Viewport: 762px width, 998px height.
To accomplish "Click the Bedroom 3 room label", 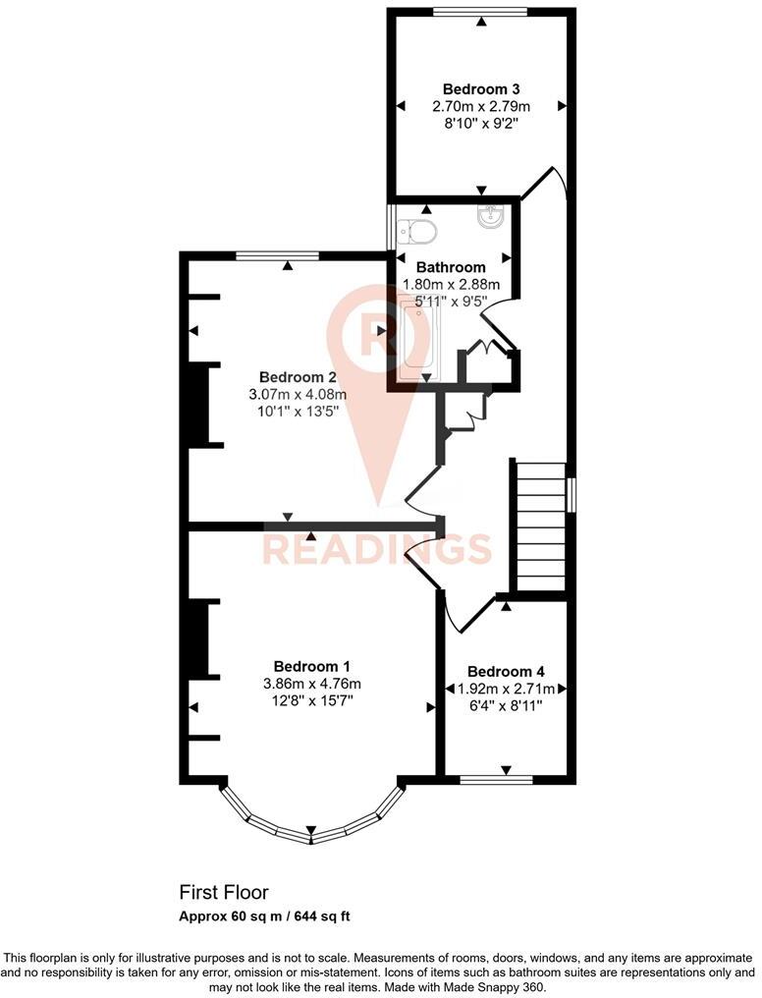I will (480, 88).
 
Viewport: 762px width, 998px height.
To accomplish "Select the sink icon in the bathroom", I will (489, 218).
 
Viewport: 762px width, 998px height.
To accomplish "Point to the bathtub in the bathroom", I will (416, 339).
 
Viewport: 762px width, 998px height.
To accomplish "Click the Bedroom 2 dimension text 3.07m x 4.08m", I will (298, 395).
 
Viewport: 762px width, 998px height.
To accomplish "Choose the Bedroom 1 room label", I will (312, 665).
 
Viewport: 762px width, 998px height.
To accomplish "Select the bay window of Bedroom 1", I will (310, 819).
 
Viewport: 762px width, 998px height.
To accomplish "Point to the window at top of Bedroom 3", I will (480, 13).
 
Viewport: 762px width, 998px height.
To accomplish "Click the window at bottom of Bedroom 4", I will (496, 781).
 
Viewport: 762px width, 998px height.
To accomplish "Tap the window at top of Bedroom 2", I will (277, 256).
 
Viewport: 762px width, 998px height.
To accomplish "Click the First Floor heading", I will (223, 892).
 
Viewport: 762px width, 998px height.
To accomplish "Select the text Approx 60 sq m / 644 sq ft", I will (264, 916).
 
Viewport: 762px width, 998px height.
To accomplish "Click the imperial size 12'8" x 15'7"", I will (312, 701).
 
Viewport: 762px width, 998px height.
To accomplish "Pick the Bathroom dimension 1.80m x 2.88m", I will (451, 285).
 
